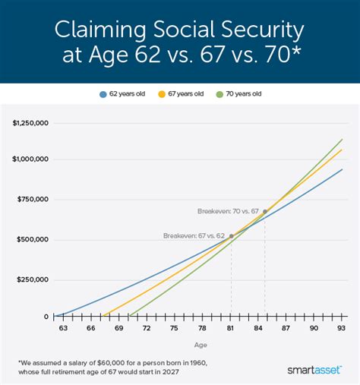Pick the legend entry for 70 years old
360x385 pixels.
[x=240, y=95]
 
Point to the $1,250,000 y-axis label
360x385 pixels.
[x=31, y=120]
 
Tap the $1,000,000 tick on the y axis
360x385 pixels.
[x=31, y=159]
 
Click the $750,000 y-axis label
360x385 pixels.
[x=34, y=199]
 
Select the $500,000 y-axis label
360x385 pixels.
[x=34, y=239]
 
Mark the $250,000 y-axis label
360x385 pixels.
[x=34, y=279]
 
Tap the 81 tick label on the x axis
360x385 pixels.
[x=230, y=328]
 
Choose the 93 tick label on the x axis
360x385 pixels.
[x=342, y=328]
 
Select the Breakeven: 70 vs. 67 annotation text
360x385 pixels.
[x=227, y=211]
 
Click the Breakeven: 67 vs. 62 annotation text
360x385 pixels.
[x=194, y=236]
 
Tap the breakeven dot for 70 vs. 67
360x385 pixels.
[x=264, y=211]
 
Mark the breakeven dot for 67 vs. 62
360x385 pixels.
[x=231, y=236]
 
